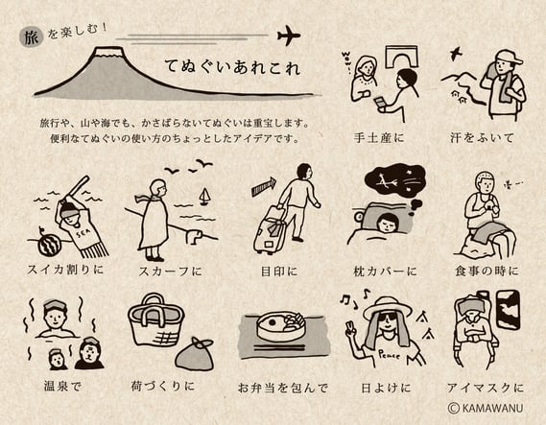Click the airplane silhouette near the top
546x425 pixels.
tap(289, 35)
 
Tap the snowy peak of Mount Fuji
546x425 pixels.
tap(109, 52)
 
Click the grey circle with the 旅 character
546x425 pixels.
tap(32, 37)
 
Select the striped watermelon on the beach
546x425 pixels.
tap(50, 245)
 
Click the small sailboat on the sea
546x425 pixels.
tap(204, 197)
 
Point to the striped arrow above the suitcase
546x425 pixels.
tap(264, 186)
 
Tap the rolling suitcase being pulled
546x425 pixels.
tap(270, 229)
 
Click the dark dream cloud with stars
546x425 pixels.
tap(394, 180)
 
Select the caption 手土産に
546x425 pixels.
tap(379, 138)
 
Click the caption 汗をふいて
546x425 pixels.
tap(482, 138)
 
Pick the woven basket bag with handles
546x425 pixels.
tap(156, 320)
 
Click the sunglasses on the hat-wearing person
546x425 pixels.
tap(387, 318)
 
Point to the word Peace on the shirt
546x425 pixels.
tap(390, 355)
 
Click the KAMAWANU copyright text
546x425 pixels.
tap(486, 408)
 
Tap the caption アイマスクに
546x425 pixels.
tap(485, 388)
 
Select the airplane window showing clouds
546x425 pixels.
tap(508, 310)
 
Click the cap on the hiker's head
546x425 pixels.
tap(509, 58)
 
